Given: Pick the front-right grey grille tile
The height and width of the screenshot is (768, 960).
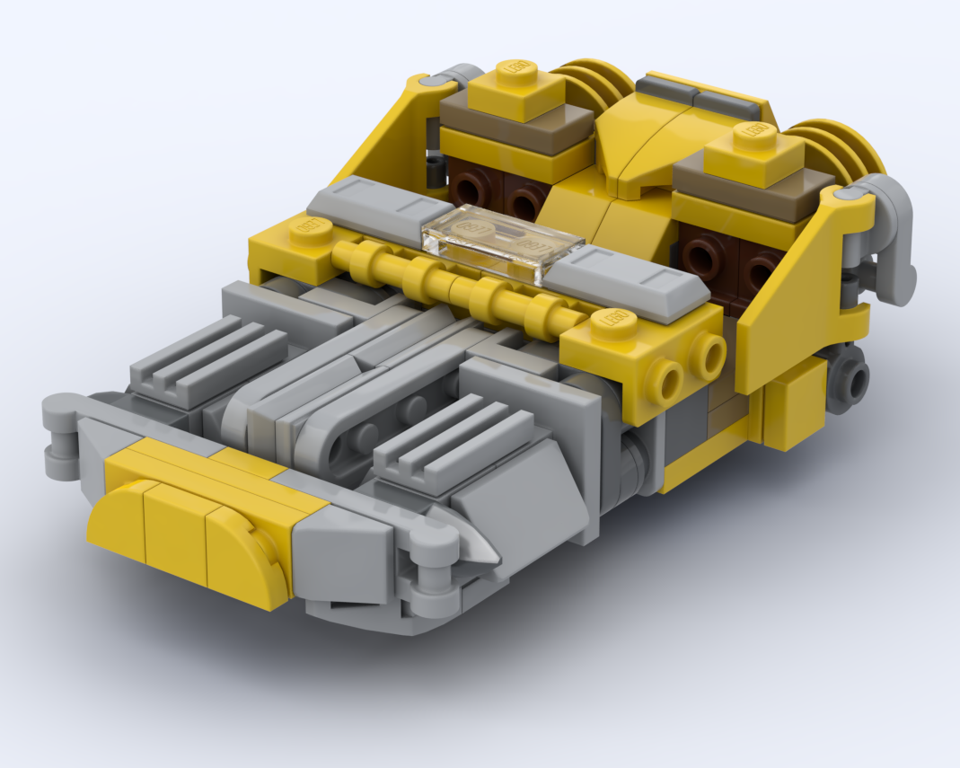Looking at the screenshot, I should pos(453,438).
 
